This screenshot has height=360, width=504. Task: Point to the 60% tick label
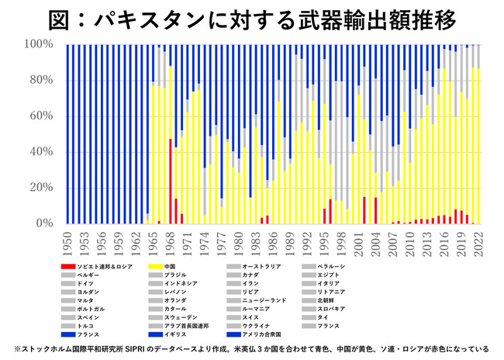(40, 116)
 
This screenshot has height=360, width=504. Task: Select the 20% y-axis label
(40, 188)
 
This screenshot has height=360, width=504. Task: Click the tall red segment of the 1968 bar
(171, 181)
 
